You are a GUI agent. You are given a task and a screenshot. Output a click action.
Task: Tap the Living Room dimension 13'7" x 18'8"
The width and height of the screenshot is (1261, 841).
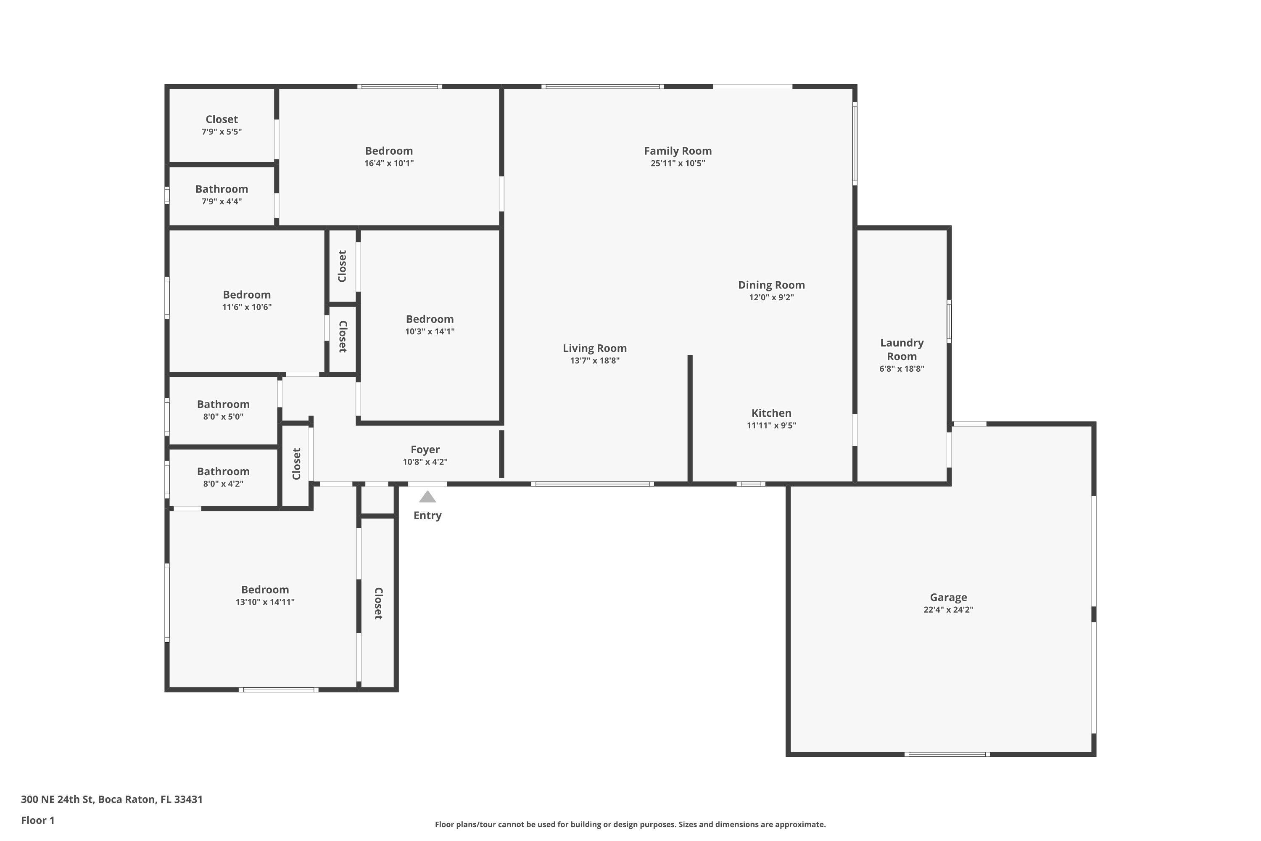point(595,361)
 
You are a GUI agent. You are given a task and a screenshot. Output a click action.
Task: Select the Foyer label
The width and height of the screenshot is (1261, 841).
point(425,450)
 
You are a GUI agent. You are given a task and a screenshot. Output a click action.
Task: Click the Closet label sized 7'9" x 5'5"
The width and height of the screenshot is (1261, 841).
point(222,119)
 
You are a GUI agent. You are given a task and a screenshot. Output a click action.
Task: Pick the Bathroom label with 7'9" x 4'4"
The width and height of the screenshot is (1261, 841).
point(222,189)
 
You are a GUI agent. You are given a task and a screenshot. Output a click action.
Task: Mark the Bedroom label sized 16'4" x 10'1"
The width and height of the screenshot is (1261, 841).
point(389,151)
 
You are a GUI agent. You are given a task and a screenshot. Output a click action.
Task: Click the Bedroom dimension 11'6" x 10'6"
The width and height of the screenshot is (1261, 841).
point(247,307)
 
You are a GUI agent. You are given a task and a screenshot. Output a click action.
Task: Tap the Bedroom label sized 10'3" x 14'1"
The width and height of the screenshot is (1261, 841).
point(430,319)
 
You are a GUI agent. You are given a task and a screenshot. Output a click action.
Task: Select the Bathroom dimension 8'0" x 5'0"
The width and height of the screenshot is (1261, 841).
point(223,417)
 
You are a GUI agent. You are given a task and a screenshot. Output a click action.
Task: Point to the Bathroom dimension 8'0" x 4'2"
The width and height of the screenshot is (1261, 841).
point(223,484)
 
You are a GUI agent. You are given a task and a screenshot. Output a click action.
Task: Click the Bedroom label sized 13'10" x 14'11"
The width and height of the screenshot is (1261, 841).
point(265,590)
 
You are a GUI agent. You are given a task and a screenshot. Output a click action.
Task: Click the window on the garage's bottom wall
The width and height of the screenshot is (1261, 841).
point(947,754)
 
